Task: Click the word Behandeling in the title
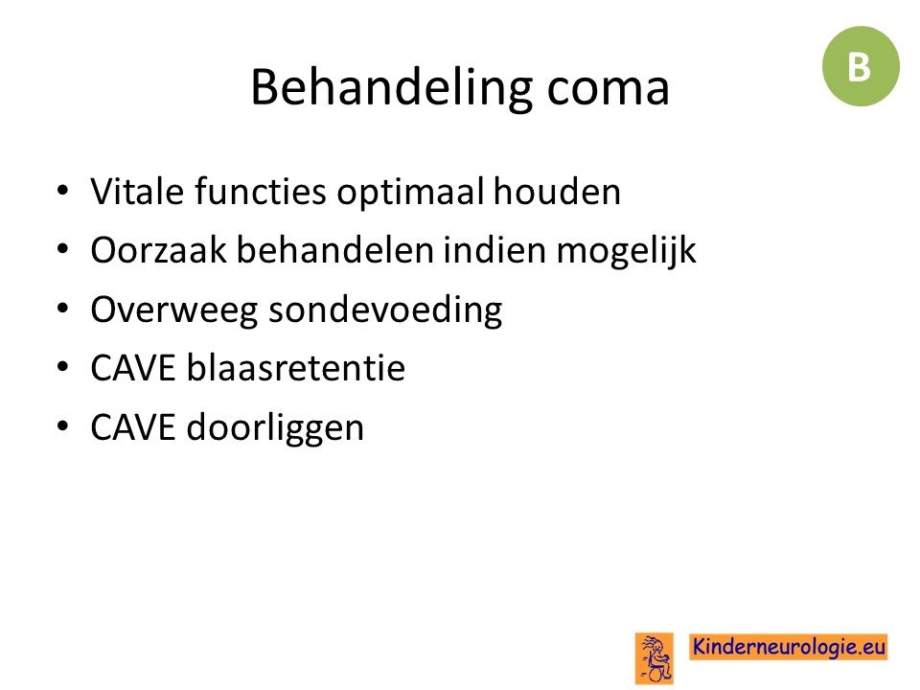[x=391, y=89]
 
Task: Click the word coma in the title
[x=608, y=92]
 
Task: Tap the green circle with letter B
[x=861, y=66]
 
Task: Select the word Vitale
[x=137, y=192]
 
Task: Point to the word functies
[x=260, y=192]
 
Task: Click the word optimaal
[x=411, y=194]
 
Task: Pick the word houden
[x=557, y=192]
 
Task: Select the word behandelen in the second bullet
[x=335, y=250]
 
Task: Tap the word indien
[x=495, y=250]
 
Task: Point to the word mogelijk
[x=626, y=252]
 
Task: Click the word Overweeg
[x=174, y=310]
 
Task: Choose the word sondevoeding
[x=385, y=310]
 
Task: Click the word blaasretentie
[x=296, y=368]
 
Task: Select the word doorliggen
[x=276, y=428]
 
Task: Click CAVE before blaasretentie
[x=133, y=368]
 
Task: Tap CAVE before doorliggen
[x=133, y=426]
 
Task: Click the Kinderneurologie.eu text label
[x=788, y=647]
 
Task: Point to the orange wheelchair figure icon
[x=655, y=658]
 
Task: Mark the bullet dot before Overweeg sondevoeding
[x=63, y=308]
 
